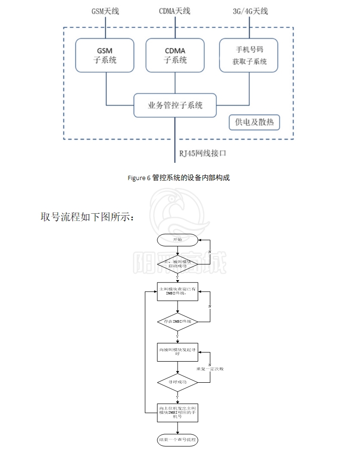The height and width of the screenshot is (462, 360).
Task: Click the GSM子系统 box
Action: click(x=105, y=55)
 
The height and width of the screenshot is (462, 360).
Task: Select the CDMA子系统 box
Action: click(x=175, y=55)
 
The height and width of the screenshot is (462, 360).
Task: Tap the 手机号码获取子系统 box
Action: click(x=249, y=55)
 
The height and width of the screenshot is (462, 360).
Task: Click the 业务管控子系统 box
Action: click(x=175, y=105)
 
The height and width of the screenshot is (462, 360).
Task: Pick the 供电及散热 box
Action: click(x=254, y=122)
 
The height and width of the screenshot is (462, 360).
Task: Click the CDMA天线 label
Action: click(x=175, y=11)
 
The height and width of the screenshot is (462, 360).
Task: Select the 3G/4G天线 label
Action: click(x=249, y=11)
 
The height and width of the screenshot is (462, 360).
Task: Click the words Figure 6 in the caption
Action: click(x=139, y=178)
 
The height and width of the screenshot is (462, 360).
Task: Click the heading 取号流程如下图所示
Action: click(x=86, y=217)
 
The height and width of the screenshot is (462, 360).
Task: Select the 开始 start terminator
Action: click(x=178, y=239)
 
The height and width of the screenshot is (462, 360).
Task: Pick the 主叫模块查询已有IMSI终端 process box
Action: click(x=178, y=292)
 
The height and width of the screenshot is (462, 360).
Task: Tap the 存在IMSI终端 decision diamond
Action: click(x=178, y=320)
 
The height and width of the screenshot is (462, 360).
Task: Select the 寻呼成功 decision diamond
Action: click(x=178, y=382)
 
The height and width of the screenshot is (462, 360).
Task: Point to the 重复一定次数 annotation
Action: click(x=210, y=369)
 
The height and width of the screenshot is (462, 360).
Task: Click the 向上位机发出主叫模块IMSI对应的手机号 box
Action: click(x=178, y=412)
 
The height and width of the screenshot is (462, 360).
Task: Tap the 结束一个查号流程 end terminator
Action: click(x=178, y=440)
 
